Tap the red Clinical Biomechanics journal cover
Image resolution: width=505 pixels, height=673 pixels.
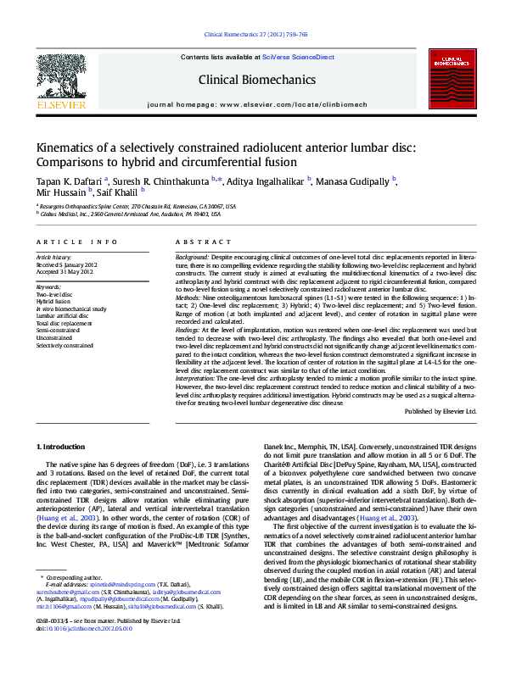pyautogui.click(x=445, y=80)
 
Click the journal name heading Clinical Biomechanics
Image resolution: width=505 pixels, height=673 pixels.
pyautogui.click(x=256, y=80)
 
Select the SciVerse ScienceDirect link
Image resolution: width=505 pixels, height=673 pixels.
pyautogui.click(x=301, y=56)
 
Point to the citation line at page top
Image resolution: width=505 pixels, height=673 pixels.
pyautogui.click(x=256, y=35)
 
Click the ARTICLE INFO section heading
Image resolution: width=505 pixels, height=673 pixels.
pyautogui.click(x=76, y=242)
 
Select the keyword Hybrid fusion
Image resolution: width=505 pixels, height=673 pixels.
pyautogui.click(x=53, y=301)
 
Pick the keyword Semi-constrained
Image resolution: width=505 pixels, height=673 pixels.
pyautogui.click(x=59, y=331)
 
